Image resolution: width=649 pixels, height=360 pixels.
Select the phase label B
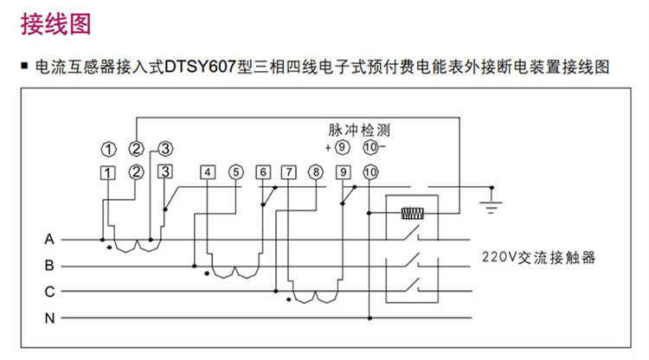(49, 265)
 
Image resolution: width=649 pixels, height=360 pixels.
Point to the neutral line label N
(49, 318)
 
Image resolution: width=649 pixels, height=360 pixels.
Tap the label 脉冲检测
(359, 131)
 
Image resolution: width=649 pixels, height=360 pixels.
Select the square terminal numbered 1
(107, 171)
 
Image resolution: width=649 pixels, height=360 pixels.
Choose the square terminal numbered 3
(164, 170)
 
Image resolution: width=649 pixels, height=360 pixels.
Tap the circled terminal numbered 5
(235, 171)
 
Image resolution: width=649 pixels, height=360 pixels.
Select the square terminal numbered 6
(264, 171)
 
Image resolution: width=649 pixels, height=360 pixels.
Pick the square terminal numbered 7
(289, 171)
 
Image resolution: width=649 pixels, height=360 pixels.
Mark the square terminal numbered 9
(344, 171)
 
